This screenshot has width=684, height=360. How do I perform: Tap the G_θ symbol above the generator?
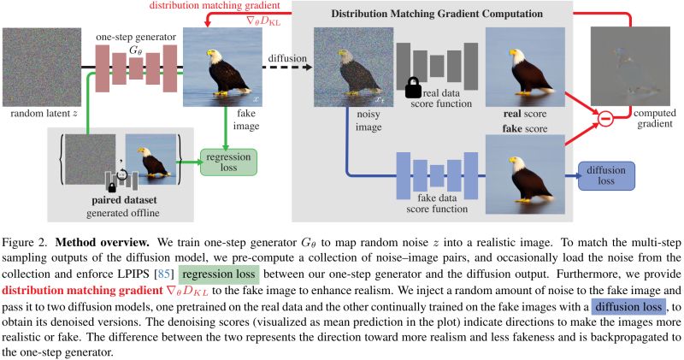pyautogui.click(x=135, y=50)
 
